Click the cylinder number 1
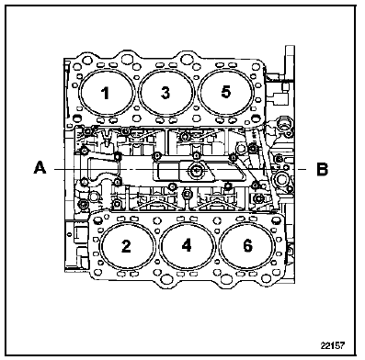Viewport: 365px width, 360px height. coord(106,93)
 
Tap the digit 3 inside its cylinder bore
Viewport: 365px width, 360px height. coord(165,93)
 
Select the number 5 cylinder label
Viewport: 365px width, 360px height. coord(226,92)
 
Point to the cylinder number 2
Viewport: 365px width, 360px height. coord(126,246)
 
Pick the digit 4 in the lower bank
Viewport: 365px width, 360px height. coord(187,245)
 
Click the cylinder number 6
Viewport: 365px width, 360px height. coord(247,245)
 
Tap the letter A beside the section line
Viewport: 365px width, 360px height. coord(40,168)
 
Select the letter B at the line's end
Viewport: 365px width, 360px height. coord(322,169)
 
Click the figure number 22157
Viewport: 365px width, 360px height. coord(333,345)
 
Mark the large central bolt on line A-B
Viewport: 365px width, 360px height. coord(196,171)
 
